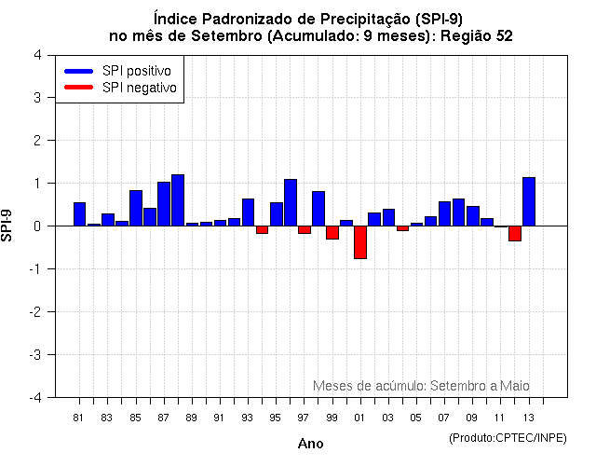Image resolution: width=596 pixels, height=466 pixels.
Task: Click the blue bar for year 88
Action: coord(178,200)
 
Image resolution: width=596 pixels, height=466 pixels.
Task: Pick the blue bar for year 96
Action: coord(291,202)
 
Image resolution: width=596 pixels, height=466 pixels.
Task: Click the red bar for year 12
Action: coord(515,233)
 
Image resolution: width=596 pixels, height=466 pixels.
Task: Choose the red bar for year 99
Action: coord(332,232)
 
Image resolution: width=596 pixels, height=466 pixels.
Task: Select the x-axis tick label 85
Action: coord(136,418)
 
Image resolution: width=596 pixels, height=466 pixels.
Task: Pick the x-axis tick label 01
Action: coord(360,418)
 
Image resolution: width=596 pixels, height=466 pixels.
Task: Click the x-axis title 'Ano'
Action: coord(310,444)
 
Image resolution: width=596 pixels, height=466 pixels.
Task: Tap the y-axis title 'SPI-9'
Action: coord(8,226)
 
